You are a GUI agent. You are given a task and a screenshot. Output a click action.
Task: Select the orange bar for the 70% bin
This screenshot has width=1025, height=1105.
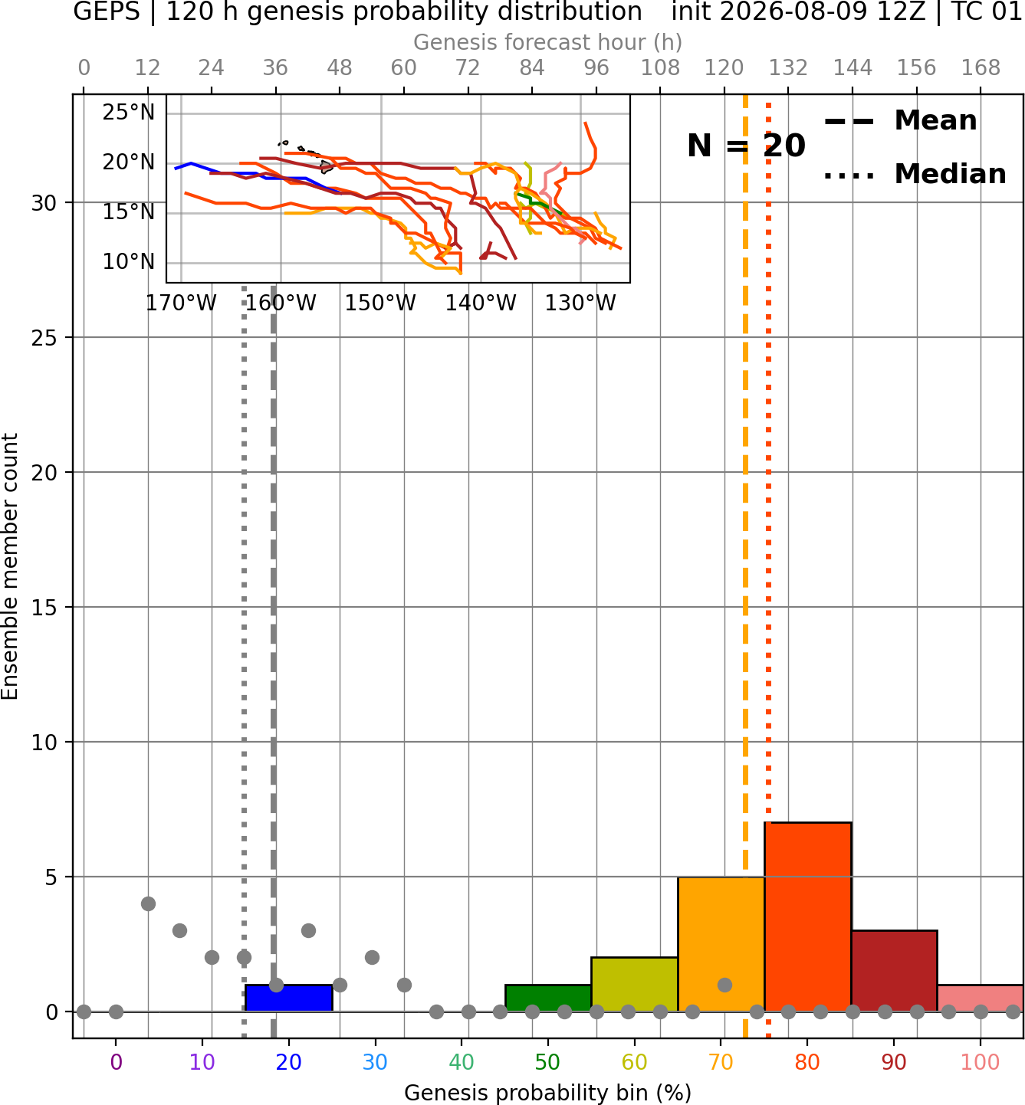pyautogui.click(x=721, y=944)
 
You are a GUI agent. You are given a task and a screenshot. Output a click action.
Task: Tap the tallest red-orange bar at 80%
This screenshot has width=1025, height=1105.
pyautogui.click(x=808, y=917)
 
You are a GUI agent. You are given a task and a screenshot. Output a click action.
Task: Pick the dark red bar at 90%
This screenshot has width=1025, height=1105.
pyautogui.click(x=894, y=971)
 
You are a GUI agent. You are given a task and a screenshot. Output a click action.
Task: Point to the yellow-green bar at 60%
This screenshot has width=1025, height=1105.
pyautogui.click(x=635, y=984)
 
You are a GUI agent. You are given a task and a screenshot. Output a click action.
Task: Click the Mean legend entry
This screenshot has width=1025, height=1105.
pyautogui.click(x=900, y=120)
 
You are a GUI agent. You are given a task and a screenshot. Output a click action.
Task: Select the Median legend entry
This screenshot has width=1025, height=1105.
pyautogui.click(x=915, y=174)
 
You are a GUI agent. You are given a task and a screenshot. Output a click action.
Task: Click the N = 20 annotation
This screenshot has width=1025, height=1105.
pyautogui.click(x=746, y=146)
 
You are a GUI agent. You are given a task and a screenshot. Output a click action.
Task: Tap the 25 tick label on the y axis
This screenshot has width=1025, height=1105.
pyautogui.click(x=44, y=338)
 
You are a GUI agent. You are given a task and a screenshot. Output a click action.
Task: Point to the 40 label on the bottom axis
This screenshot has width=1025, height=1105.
pyautogui.click(x=461, y=1062)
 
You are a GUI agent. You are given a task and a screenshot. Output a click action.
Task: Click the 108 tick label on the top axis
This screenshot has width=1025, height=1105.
pyautogui.click(x=660, y=68)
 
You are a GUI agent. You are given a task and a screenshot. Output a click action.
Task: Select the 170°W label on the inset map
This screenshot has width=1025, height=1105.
pyautogui.click(x=181, y=303)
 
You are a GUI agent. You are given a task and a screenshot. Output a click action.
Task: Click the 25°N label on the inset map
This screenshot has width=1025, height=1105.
pyautogui.click(x=129, y=113)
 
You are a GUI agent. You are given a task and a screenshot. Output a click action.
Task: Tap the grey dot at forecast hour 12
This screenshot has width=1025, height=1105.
pyautogui.click(x=148, y=903)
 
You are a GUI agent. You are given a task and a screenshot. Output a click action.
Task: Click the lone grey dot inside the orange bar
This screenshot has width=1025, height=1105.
pyautogui.click(x=724, y=985)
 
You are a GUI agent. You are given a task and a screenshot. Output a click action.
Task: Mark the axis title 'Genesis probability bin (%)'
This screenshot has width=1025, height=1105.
pyautogui.click(x=548, y=1093)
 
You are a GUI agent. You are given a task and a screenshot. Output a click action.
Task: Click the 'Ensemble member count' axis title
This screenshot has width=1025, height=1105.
pyautogui.click(x=9, y=566)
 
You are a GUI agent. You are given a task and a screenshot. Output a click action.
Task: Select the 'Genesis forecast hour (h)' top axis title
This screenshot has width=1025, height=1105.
pyautogui.click(x=548, y=42)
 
